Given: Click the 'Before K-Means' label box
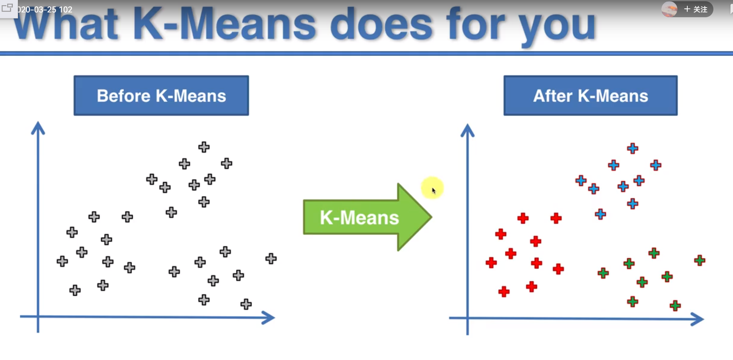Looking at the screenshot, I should tap(161, 96).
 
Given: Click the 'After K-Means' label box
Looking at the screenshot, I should tap(590, 96).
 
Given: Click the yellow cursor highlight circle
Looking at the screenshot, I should tap(432, 188).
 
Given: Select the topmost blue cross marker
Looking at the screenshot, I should tap(633, 149).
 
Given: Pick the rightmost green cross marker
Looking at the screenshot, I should tap(700, 261).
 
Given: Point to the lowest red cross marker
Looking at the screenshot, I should tap(504, 292).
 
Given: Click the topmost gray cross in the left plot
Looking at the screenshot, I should tap(204, 147).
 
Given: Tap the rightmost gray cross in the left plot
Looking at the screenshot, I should tap(271, 259).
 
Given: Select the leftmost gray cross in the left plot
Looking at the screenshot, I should tap(62, 261).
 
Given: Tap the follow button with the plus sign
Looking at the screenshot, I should tap(696, 9).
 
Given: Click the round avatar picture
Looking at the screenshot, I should tap(669, 9).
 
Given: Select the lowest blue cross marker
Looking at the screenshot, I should tap(600, 214).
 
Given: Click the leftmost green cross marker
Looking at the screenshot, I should tap(603, 274).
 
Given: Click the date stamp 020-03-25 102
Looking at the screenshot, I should tap(45, 10).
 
